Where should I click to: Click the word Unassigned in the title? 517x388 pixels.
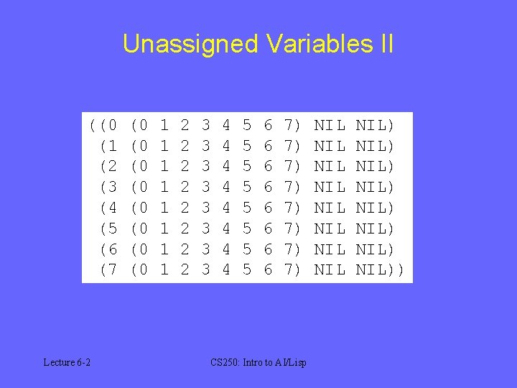[190, 44]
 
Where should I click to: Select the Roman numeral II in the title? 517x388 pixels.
[385, 44]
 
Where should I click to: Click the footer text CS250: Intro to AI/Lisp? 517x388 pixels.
[258, 362]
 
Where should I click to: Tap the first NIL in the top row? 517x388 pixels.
[330, 126]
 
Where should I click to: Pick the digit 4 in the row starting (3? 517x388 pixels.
[226, 188]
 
